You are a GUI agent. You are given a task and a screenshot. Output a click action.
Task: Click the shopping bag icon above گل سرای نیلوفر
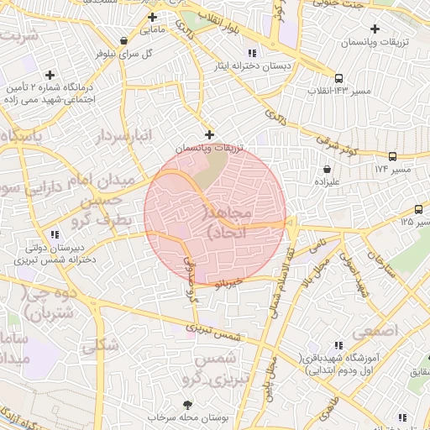[124, 39]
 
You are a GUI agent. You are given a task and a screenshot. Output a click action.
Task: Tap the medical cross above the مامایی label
[152, 17]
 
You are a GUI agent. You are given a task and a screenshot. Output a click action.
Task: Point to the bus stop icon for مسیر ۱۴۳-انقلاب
[338, 76]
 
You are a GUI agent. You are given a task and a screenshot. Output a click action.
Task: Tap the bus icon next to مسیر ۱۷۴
[392, 156]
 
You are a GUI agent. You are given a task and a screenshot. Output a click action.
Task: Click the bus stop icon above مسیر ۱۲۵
[418, 209]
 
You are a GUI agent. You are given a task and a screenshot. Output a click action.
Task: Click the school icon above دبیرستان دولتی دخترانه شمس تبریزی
[55, 234]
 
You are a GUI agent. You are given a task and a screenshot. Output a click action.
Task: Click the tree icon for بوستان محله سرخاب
[186, 405]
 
